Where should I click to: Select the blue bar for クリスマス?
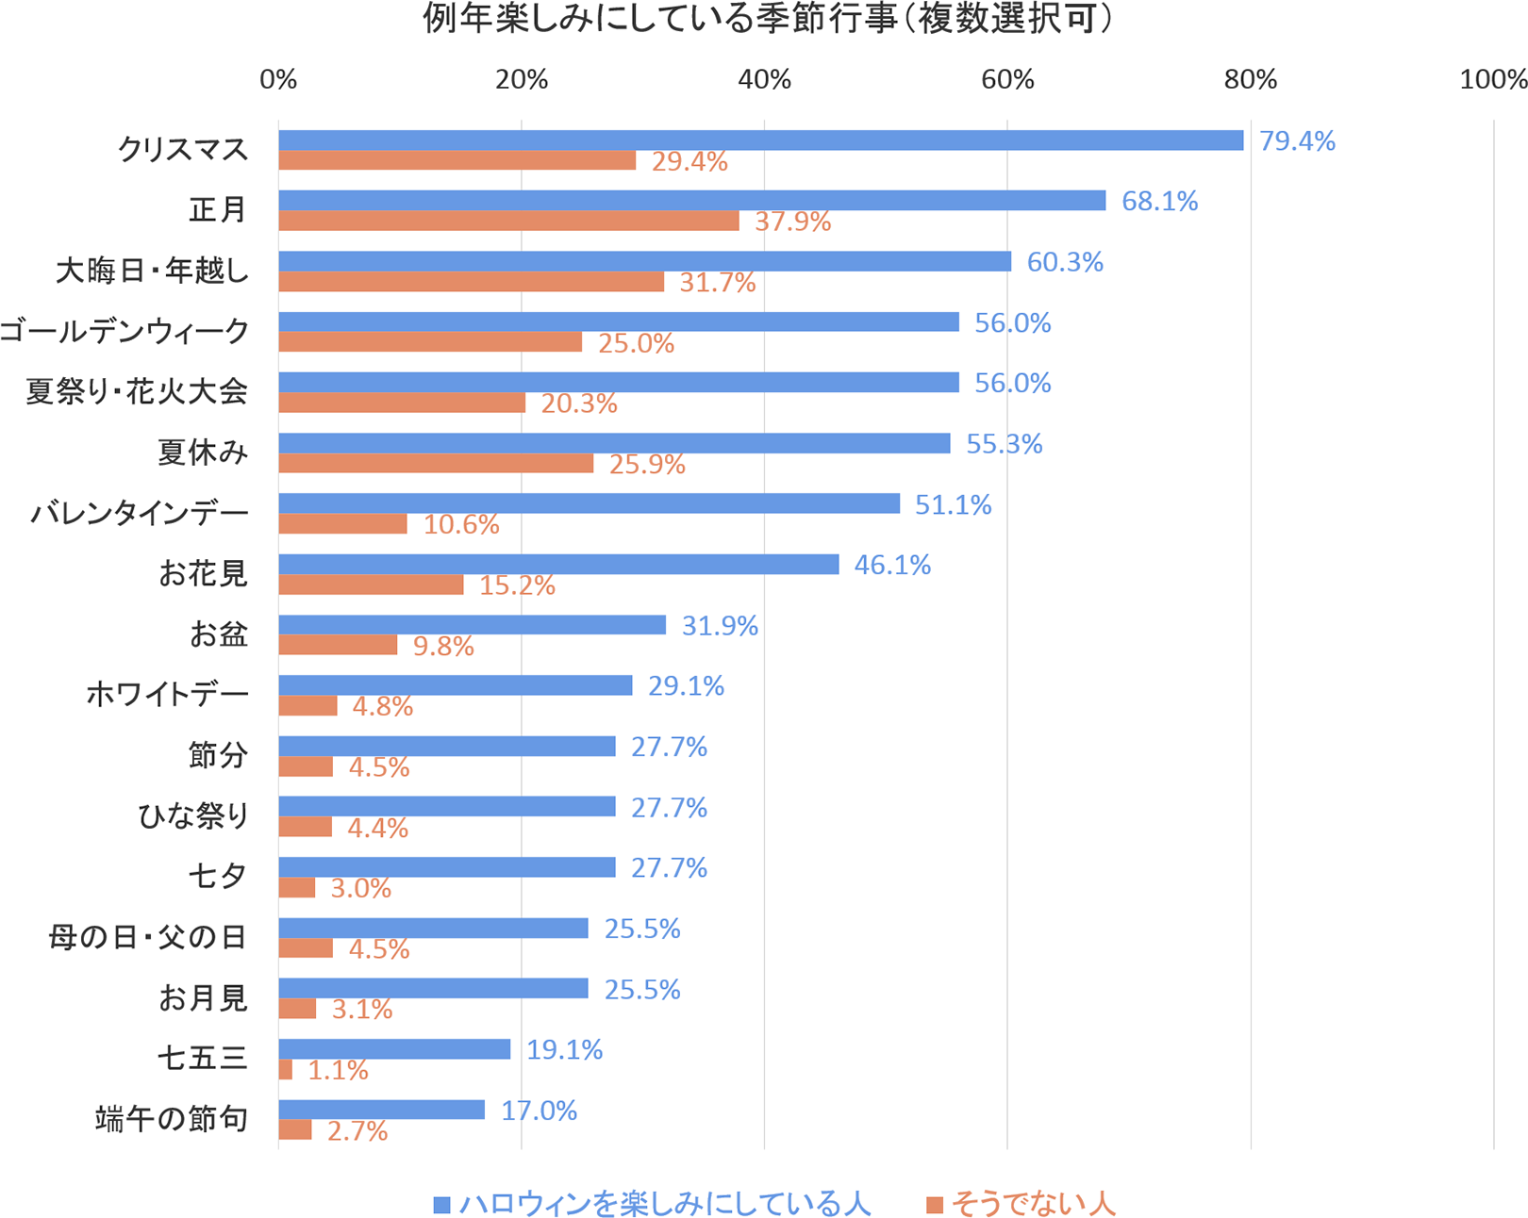(760, 140)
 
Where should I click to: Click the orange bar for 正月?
(508, 222)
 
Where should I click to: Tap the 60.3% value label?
(1065, 262)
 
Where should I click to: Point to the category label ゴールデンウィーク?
(125, 331)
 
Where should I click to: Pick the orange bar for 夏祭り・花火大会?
(402, 403)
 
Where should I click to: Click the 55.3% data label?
(1004, 444)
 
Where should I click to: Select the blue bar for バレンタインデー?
(589, 504)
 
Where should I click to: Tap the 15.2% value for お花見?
(517, 585)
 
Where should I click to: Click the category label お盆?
(218, 634)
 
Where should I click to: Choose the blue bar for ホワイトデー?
(455, 685)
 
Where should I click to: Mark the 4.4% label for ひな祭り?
(377, 828)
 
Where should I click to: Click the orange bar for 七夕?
(296, 888)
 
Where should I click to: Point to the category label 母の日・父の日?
(148, 937)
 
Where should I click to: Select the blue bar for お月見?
(433, 989)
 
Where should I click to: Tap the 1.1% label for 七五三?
(338, 1070)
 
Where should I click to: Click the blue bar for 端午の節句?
(381, 1111)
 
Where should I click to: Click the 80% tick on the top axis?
(1251, 80)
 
